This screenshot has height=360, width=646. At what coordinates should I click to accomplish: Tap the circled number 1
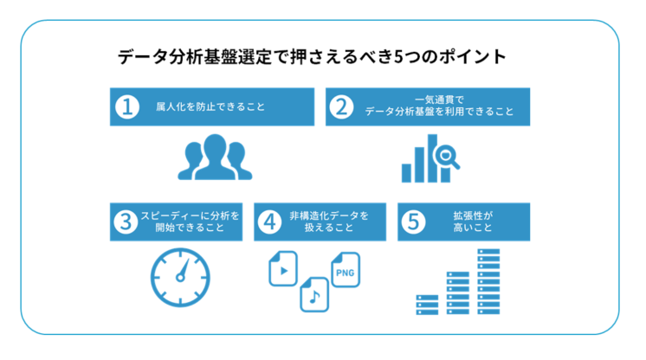[127, 107]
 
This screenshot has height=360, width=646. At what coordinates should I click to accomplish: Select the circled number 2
[343, 107]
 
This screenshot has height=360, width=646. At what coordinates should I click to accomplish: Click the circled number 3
[127, 222]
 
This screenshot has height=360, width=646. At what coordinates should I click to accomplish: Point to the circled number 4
[270, 222]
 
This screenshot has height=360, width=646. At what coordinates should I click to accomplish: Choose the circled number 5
[413, 222]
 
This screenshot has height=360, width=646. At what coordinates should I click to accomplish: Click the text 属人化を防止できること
[203, 108]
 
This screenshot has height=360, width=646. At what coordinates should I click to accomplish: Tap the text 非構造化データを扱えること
[328, 222]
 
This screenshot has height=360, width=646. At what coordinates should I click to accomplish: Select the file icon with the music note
[314, 296]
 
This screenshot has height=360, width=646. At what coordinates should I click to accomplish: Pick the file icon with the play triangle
[283, 269]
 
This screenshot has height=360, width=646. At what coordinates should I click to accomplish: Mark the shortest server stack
[428, 304]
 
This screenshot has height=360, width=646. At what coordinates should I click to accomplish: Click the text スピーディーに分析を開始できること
[190, 222]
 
